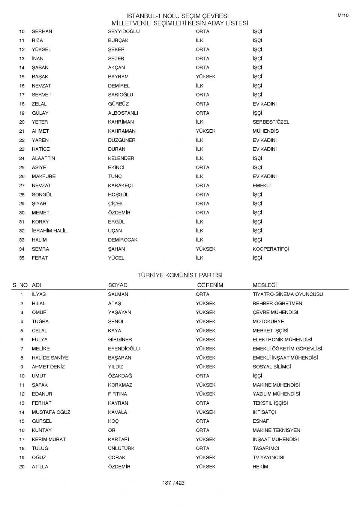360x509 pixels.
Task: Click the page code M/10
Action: coord(343,15)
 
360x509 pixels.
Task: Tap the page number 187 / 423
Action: coord(173,483)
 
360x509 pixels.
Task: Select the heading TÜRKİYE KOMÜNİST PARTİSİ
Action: coord(180,275)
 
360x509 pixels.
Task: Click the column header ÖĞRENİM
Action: coord(210,285)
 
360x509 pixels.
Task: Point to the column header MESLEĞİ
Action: coord(264,285)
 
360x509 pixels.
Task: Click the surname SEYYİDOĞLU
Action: coord(124,31)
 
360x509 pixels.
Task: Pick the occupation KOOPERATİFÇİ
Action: coord(270,249)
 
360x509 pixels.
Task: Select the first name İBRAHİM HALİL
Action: coord(49,231)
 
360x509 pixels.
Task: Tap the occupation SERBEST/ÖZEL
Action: coord(271,122)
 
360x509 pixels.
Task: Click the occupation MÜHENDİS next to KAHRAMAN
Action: coord(265,131)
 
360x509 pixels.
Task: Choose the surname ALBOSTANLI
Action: coord(123,113)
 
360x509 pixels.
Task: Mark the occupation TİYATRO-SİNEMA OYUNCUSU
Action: coord(288,294)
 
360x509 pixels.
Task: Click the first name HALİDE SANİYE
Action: coord(50,358)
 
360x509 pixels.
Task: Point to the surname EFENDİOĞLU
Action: coord(124,349)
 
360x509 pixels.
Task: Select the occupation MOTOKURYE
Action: coord(268,322)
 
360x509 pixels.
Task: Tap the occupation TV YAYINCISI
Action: coord(268,458)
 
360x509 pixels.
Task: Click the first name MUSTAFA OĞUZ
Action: coord(51,412)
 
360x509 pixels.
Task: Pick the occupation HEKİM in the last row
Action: coord(260,467)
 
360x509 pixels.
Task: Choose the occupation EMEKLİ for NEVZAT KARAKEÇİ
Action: coord(261,186)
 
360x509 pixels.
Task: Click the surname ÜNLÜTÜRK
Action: coord(121,448)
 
